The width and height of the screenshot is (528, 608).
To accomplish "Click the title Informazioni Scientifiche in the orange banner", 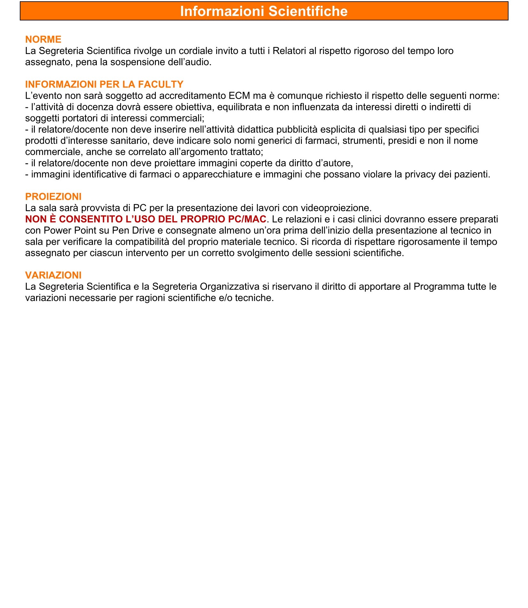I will (x=264, y=11).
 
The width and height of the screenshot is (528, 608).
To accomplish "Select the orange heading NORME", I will (x=43, y=39).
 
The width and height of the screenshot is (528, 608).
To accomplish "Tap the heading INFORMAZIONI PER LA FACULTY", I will (x=104, y=84).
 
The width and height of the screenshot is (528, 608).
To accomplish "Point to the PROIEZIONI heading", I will (x=53, y=196).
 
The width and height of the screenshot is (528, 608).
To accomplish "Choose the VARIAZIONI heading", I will (x=53, y=275).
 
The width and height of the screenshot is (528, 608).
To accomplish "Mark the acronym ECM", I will (x=240, y=96).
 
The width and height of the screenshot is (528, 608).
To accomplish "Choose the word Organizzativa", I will (x=229, y=287).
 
